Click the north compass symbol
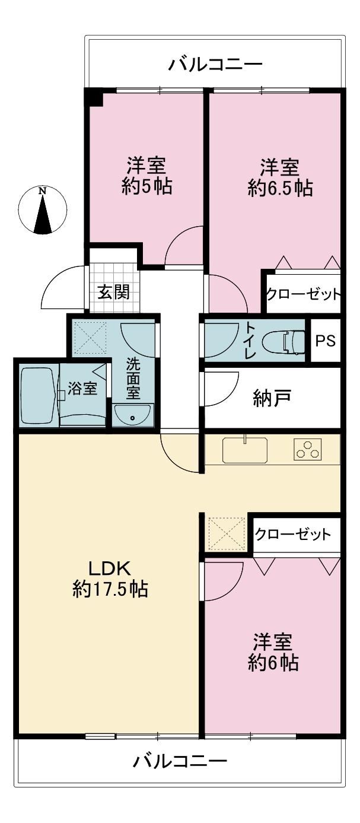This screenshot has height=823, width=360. pos(43,210)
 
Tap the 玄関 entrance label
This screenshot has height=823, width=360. pos(114,293)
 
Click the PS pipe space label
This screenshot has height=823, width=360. pos(326,341)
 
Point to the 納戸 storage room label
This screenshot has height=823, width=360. pos(272,398)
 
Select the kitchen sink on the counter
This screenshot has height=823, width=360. pos(245,449)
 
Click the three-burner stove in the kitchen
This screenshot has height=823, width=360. pos(307,449)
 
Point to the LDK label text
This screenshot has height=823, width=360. pos(110,569)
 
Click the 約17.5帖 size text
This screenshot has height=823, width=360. pos(110,589)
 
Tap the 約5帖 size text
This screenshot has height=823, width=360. pos(146,186)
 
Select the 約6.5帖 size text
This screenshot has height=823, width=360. pos(280,188)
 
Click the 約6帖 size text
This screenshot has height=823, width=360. pos(273,662)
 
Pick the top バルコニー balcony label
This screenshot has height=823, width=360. pos(216,65)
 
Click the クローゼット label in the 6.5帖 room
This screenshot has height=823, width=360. pos(303,294)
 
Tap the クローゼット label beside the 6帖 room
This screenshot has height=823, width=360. pos(293,534)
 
